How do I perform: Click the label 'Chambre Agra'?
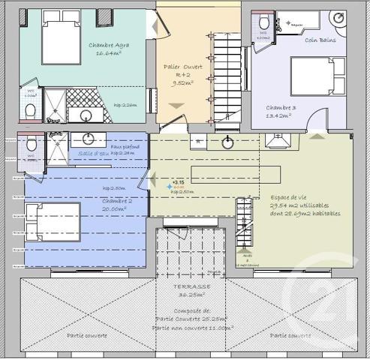(106, 45)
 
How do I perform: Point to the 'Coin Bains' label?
(320, 40)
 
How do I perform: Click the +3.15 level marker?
(178, 182)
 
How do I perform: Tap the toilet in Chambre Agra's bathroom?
(30, 110)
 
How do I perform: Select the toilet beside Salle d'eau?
(31, 145)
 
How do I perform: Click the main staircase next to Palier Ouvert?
(227, 75)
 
